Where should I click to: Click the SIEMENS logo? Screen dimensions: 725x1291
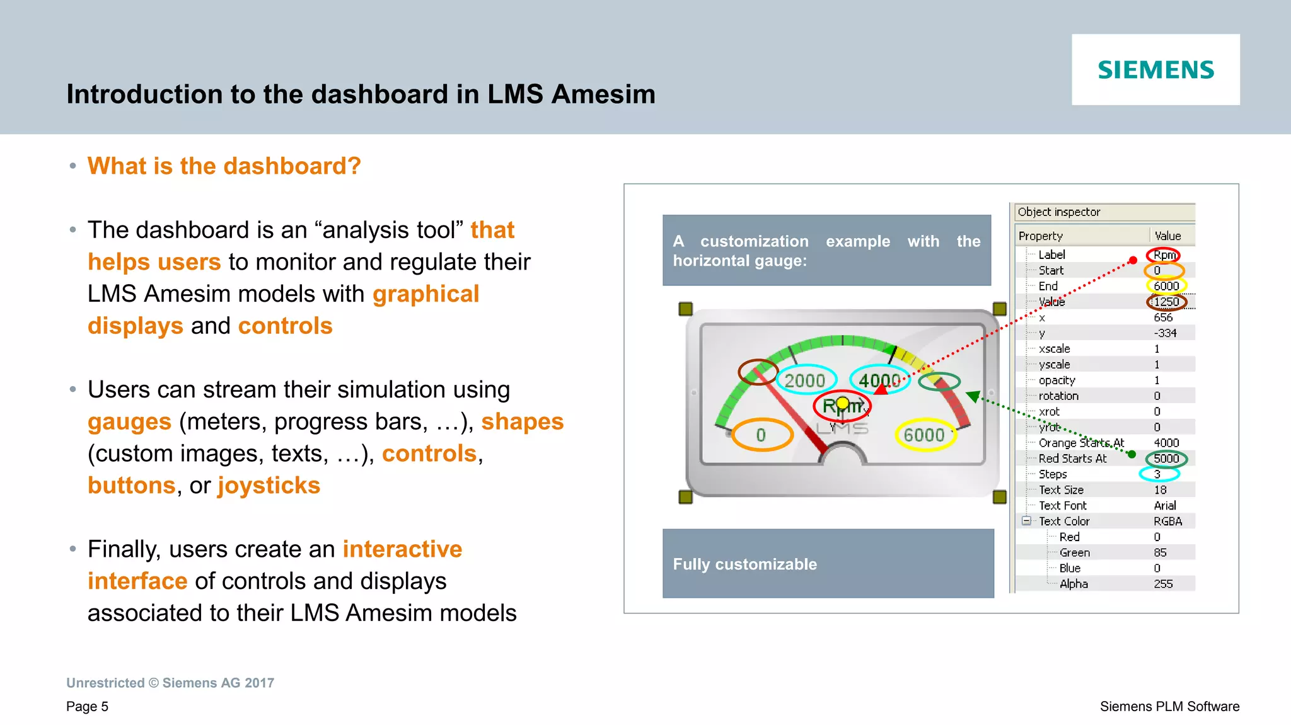(1155, 69)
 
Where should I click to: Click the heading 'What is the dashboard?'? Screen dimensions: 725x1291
(224, 166)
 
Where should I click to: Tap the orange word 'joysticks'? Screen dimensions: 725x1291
(269, 486)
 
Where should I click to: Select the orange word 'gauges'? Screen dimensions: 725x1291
(129, 421)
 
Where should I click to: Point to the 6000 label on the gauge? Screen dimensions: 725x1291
(924, 435)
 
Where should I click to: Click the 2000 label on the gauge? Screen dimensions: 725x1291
(804, 380)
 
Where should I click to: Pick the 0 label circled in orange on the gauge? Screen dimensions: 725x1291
(761, 435)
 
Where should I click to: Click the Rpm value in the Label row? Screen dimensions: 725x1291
(1164, 255)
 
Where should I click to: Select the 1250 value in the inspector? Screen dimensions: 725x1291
(1166, 302)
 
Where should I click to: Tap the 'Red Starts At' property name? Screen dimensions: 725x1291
(1072, 459)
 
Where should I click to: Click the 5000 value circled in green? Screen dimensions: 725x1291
(1166, 459)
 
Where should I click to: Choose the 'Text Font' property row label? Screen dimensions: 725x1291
(1063, 506)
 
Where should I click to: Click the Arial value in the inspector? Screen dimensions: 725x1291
(1165, 506)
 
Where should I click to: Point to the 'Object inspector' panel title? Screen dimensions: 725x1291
(1059, 212)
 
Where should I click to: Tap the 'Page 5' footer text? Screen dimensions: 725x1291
(87, 707)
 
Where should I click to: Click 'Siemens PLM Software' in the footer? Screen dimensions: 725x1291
(1169, 707)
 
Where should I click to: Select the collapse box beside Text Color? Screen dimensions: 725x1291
(1026, 521)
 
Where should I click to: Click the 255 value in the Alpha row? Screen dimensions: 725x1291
(1163, 584)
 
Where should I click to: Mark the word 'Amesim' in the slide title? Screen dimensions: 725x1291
(603, 94)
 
